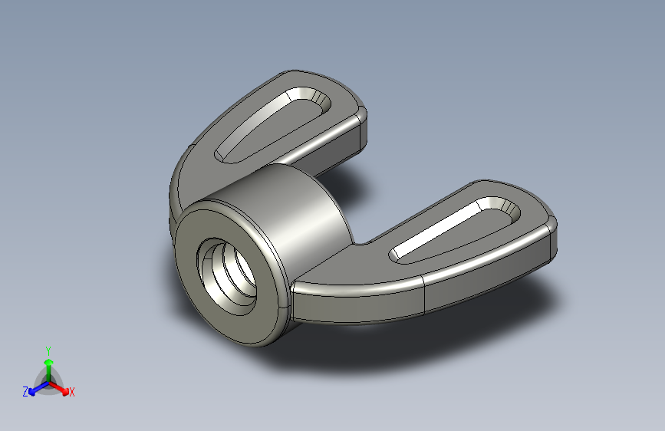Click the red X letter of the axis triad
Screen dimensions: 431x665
tap(72, 392)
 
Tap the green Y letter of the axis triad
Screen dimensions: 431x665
tap(48, 350)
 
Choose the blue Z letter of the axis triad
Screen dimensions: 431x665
tap(25, 391)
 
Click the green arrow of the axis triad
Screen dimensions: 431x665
tap(48, 364)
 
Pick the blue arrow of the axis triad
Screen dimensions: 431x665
tap(35, 388)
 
